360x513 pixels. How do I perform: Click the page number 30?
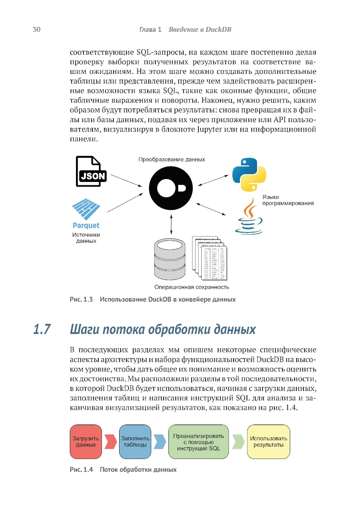[x=36, y=30]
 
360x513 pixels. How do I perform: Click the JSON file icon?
[x=91, y=171]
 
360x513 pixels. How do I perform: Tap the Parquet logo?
[x=86, y=213]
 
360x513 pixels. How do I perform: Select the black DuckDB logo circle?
[x=171, y=188]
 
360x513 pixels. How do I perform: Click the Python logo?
[x=249, y=174]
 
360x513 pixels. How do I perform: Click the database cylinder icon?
[x=170, y=259]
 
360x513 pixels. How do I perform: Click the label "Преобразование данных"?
[x=172, y=159]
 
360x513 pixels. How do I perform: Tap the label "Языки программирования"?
[x=288, y=200]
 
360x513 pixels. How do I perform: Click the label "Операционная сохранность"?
[x=192, y=287]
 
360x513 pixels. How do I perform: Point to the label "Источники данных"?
[x=86, y=238]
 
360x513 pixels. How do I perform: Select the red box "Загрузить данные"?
[x=86, y=442]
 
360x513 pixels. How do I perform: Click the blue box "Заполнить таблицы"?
[x=135, y=442]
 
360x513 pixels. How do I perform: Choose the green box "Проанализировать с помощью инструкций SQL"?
[x=198, y=442]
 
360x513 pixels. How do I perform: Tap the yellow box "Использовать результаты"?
[x=268, y=442]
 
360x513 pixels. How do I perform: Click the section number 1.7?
[x=42, y=329]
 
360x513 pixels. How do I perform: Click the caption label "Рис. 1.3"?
[x=81, y=299]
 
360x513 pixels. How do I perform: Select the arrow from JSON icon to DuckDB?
[x=126, y=180]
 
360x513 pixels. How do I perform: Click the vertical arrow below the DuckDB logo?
[x=171, y=224]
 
